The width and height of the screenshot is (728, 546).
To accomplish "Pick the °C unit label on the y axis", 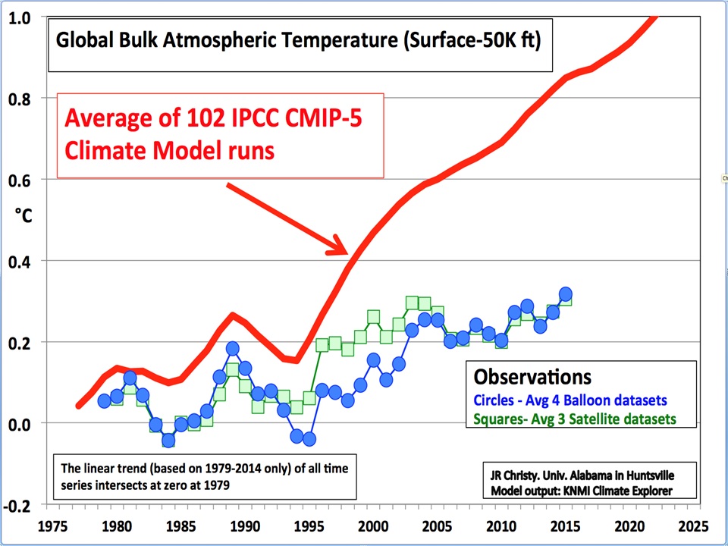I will click(24, 216).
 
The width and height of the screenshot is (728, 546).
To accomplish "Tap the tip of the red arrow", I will click(347, 253).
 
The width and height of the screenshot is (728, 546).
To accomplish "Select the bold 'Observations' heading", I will click(532, 377).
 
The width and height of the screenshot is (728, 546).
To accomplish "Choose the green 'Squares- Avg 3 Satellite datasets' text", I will click(574, 419).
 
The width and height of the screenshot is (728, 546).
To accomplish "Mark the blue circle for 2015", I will click(566, 294).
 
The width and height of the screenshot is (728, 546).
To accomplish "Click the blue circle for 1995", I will click(309, 439).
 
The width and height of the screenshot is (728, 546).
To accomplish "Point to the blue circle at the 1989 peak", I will click(233, 349).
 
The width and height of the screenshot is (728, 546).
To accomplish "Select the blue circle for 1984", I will click(168, 441).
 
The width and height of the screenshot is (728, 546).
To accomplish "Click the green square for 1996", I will click(322, 345).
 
